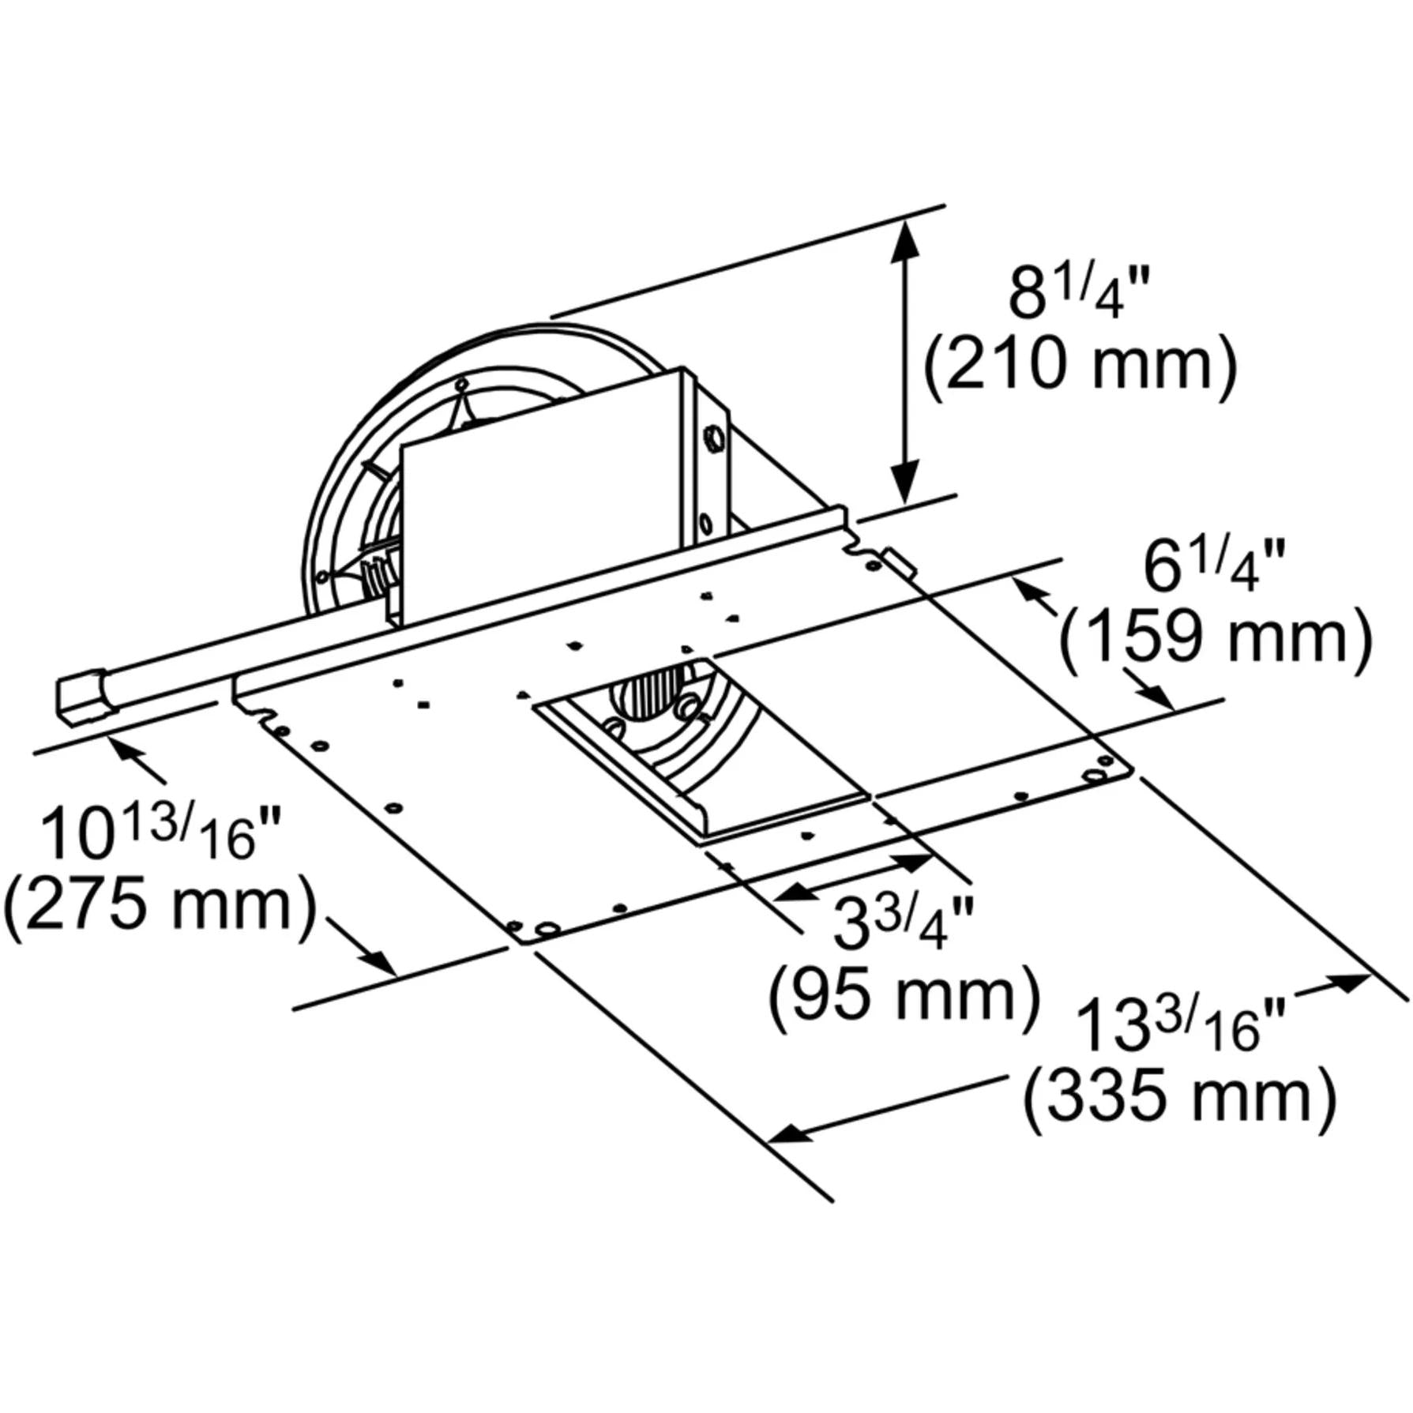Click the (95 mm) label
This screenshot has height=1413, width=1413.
(904, 997)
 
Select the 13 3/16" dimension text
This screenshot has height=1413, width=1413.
(1181, 1024)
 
